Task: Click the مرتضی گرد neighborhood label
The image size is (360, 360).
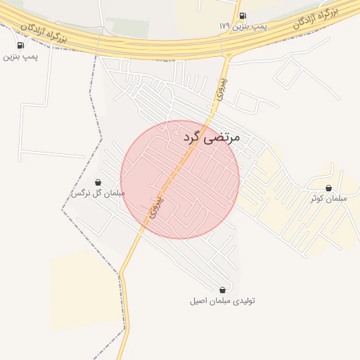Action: pyautogui.click(x=212, y=137)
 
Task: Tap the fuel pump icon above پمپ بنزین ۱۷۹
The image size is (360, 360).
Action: pyautogui.click(x=243, y=15)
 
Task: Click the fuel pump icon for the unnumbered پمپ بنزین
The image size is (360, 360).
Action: pyautogui.click(x=20, y=46)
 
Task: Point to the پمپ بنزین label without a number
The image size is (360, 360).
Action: pyautogui.click(x=20, y=56)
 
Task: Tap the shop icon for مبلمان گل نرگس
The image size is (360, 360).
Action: pyautogui.click(x=98, y=183)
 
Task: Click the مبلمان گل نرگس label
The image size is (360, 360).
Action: pyautogui.click(x=98, y=193)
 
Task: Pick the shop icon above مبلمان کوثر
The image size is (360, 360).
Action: pyautogui.click(x=328, y=188)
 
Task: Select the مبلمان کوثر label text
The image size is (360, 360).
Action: pyautogui.click(x=329, y=198)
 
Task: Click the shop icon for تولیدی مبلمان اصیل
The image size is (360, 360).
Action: pyautogui.click(x=222, y=290)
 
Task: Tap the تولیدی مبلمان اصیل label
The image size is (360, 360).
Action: pyautogui.click(x=222, y=300)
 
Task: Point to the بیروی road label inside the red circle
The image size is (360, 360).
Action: pyautogui.click(x=156, y=207)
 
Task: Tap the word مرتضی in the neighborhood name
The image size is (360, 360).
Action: pyautogui.click(x=223, y=137)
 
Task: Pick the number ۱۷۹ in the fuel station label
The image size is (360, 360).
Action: pyautogui.click(x=224, y=26)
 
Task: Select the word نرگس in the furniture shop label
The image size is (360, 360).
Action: pyautogui.click(x=81, y=193)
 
